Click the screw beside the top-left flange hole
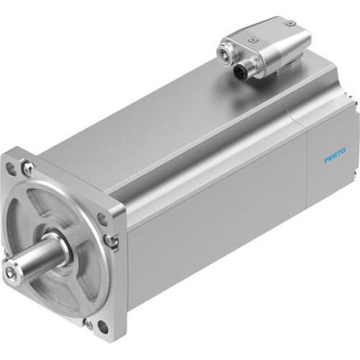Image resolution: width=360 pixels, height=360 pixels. pyautogui.click(x=27, y=170)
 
